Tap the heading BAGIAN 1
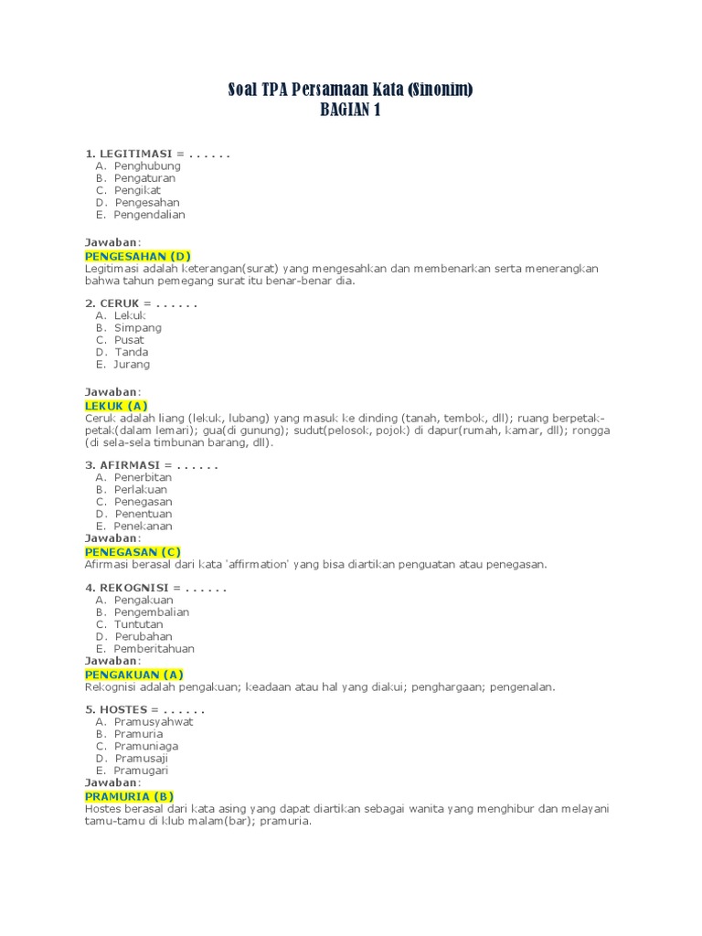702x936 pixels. click(x=350, y=111)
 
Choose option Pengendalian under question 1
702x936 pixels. click(x=149, y=215)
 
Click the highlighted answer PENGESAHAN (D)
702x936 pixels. click(x=138, y=256)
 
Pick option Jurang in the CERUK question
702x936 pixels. click(x=132, y=364)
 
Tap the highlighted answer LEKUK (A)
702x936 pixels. click(x=116, y=405)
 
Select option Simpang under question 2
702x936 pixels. click(x=138, y=327)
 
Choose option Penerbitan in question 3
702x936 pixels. click(x=144, y=477)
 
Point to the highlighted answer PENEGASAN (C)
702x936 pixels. click(x=133, y=552)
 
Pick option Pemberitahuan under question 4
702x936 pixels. click(x=154, y=649)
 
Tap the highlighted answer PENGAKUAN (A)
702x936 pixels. click(x=134, y=675)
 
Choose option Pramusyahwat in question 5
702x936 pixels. click(x=154, y=721)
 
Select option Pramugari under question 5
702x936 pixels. click(x=142, y=771)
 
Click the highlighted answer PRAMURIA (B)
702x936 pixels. click(x=129, y=796)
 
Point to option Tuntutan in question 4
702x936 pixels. click(x=139, y=624)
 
